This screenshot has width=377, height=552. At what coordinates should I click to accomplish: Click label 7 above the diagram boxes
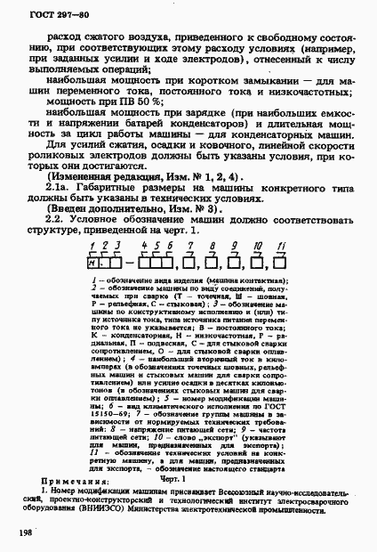[207, 247]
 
